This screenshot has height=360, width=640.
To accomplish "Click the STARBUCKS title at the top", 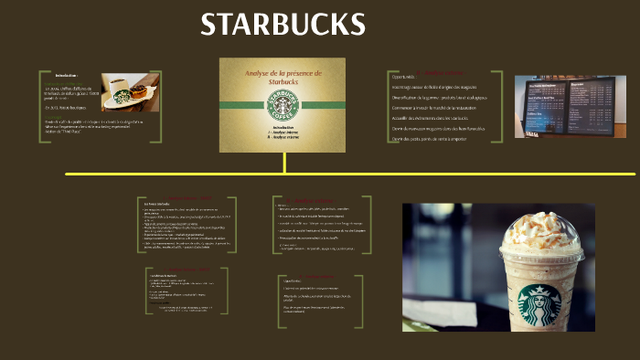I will pyautogui.click(x=283, y=25).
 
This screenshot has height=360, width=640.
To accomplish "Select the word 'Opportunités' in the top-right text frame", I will pyautogui.click(x=403, y=77).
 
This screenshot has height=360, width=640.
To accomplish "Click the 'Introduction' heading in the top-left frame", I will pyautogui.click(x=66, y=75).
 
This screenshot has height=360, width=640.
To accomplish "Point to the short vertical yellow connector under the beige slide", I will pyautogui.click(x=284, y=163).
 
